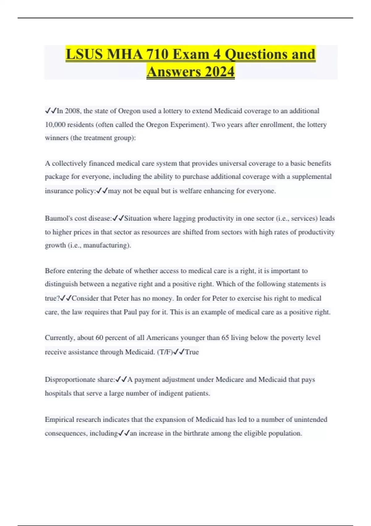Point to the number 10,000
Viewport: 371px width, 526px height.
[55, 125]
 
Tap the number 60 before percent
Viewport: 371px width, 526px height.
[99, 338]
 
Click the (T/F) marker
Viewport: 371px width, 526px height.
[165, 352]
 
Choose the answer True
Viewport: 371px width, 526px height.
[192, 352]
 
